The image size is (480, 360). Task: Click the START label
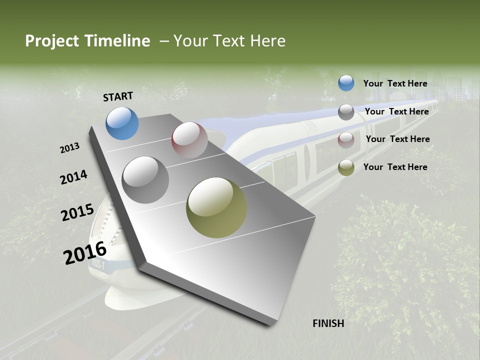[x=118, y=96]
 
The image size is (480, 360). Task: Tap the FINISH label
[x=328, y=323]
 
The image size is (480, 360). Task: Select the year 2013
[x=70, y=148]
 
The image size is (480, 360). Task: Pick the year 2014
[x=73, y=177]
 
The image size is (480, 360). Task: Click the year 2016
[x=85, y=252]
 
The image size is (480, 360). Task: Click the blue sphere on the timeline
[x=122, y=123]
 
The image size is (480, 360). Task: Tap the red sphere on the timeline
[x=189, y=140]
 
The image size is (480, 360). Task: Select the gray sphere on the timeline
[x=145, y=180]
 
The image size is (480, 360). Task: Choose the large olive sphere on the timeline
[x=216, y=207]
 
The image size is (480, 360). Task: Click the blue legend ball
[x=346, y=83]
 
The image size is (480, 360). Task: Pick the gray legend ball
[x=346, y=112]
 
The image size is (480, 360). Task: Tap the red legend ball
[x=346, y=140]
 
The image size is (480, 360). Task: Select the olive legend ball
[x=346, y=168]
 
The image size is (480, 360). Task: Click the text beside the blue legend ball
[x=395, y=83]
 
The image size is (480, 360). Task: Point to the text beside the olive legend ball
[x=395, y=167]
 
